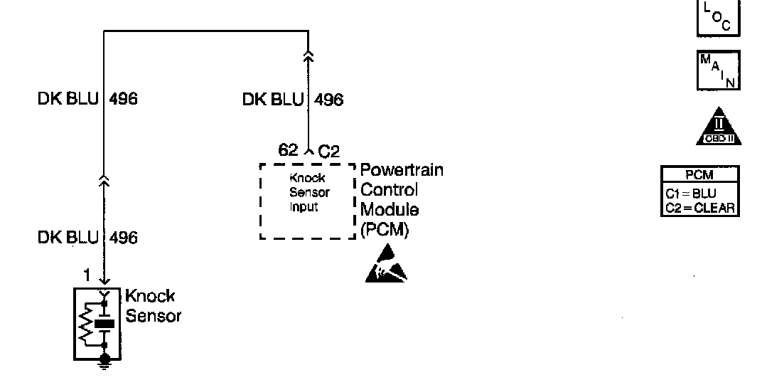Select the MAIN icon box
pos(718,70)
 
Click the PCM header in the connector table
pos(699,173)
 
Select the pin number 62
pos(289,149)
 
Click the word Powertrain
pos(402,171)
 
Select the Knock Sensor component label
pos(152,306)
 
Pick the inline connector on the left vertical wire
pos(105,184)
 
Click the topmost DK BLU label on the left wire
pos(68,99)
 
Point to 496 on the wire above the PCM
pos(328,100)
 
